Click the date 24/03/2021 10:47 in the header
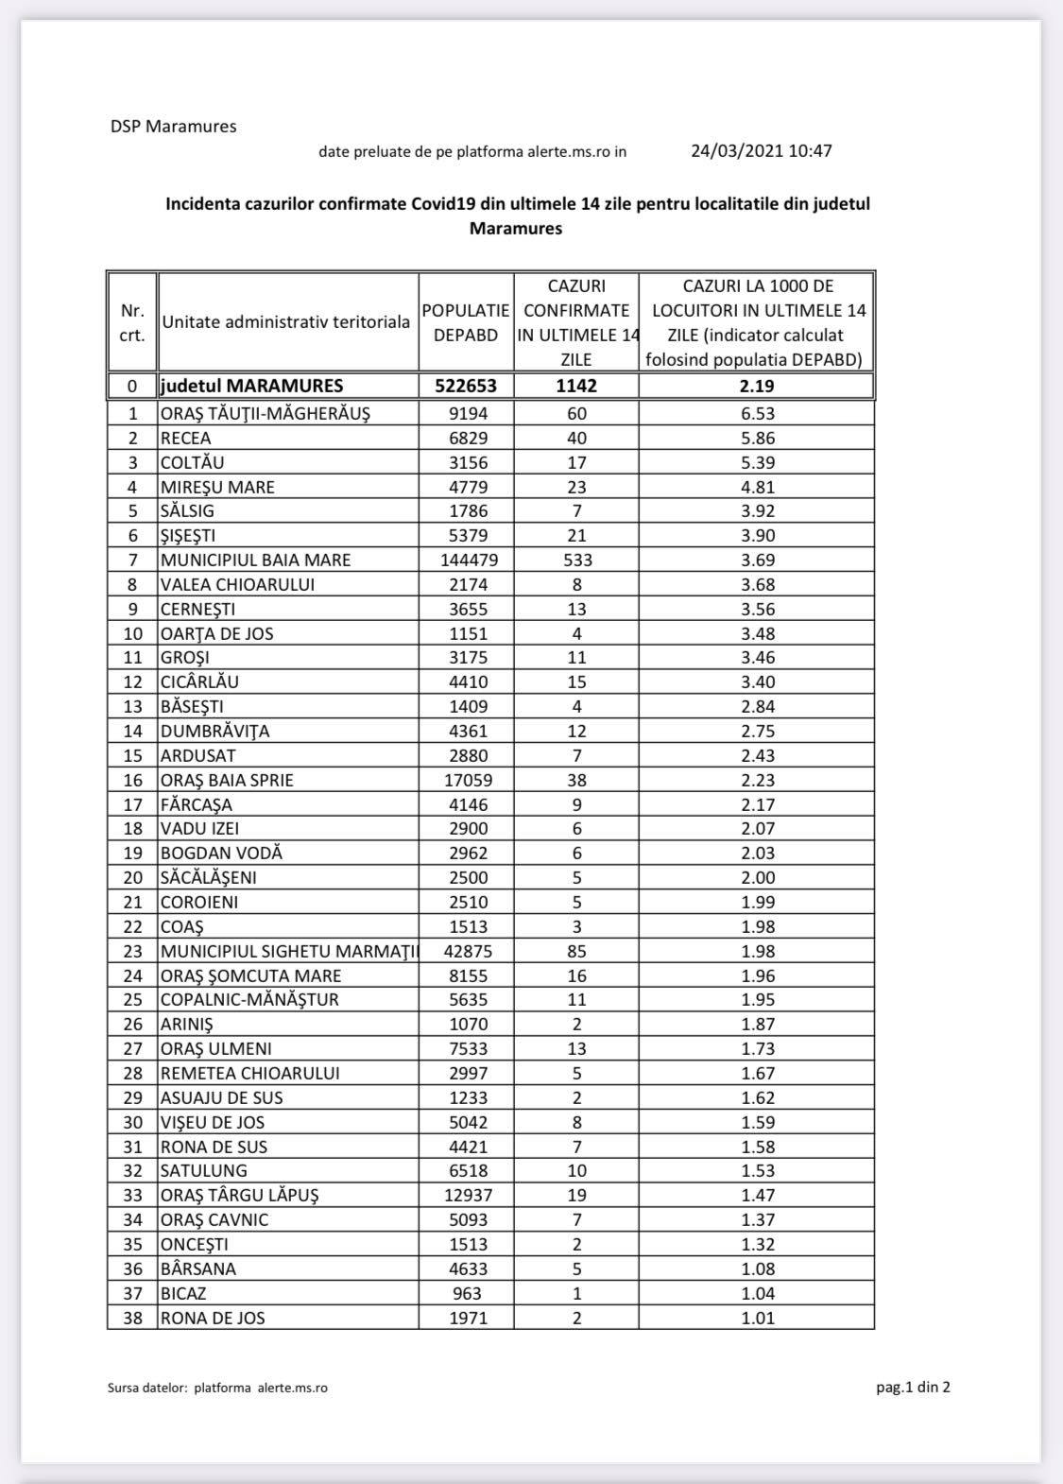761,150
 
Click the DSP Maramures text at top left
173,127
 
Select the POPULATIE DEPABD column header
466,322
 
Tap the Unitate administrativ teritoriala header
286,321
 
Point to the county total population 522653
466,386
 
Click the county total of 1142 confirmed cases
576,386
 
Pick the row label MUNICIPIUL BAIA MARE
255,560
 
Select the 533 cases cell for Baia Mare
576,560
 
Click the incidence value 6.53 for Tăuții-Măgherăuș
756,413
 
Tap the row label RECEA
186,438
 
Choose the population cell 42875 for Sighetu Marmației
467,951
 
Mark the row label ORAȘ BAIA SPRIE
227,780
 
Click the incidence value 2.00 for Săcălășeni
756,877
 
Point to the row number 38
133,1318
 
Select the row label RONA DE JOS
213,1318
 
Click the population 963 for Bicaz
467,1293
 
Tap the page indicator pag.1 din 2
913,1388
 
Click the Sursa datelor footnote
217,1389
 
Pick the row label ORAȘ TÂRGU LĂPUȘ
239,1195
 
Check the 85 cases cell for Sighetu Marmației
576,951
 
